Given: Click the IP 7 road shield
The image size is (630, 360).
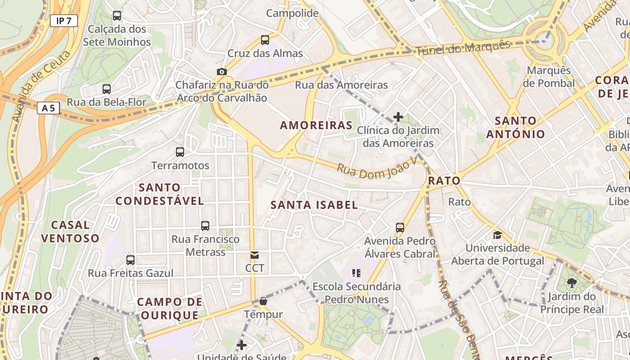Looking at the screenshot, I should (63, 21).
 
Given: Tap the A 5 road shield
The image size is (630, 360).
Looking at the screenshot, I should (48, 108).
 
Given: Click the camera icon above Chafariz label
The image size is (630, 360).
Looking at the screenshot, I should (221, 72).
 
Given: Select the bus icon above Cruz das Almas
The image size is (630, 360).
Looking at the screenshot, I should (265, 40).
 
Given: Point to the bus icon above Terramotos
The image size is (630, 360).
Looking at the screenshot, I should (180, 152).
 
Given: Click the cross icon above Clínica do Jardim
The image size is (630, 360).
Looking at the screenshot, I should (398, 117).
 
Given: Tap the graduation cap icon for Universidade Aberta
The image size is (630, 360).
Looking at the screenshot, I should (497, 235).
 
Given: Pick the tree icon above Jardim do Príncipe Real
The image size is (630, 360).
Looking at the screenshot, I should (571, 283).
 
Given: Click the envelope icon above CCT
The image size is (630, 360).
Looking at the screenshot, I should (255, 255).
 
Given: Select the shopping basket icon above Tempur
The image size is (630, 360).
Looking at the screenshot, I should (263, 301).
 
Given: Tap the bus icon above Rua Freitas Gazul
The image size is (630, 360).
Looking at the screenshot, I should (130, 260).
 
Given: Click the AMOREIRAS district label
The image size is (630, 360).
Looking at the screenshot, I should (316, 125).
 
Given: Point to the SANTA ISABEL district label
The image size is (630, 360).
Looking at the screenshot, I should (314, 205).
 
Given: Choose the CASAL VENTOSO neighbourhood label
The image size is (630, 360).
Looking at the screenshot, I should (70, 231).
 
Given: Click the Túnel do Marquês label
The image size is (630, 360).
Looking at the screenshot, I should (463, 48).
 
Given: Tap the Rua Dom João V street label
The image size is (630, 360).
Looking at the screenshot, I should (375, 168).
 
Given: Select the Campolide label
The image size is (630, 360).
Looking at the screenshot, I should (292, 13).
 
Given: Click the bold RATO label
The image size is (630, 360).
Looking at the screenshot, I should (445, 181).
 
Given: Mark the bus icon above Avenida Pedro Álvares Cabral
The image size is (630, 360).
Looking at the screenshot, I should (400, 227).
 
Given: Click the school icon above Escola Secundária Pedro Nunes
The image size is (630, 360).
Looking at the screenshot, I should (356, 273).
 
